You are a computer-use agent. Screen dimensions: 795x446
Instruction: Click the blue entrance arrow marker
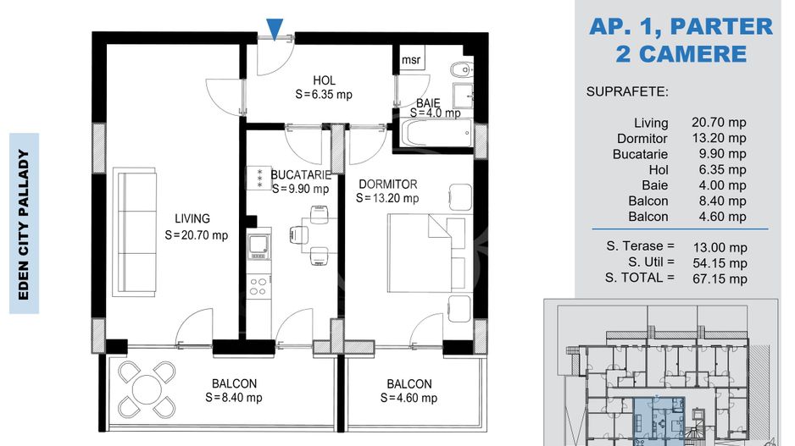[x=275, y=29]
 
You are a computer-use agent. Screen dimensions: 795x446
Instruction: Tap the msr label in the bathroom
[x=411, y=60]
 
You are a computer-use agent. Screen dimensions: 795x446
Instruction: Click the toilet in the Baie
[x=461, y=69]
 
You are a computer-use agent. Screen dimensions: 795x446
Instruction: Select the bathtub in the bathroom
[x=437, y=133]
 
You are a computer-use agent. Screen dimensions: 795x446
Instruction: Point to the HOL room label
[x=324, y=80]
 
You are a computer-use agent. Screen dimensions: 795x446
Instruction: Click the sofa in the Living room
[x=137, y=233]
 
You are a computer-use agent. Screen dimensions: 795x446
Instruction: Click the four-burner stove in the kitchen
[x=258, y=286]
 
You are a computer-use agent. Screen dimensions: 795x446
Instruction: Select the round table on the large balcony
[x=147, y=388]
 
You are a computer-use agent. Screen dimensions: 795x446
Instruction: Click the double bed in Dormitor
[x=426, y=253]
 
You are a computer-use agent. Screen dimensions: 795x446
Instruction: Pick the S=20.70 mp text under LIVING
[x=197, y=235]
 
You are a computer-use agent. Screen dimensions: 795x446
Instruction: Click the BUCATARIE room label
[x=301, y=175]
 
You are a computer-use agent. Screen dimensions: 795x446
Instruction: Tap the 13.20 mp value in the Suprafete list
[x=719, y=138]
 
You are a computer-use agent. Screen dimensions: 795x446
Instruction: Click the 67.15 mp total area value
[x=720, y=279]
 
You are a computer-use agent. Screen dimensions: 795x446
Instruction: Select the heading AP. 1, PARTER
[x=681, y=26]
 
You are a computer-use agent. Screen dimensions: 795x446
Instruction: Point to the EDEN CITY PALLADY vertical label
[x=24, y=224]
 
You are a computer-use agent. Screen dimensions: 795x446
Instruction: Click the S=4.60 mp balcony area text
[x=409, y=399]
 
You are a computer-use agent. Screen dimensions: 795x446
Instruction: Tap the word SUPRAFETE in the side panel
[x=627, y=92]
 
